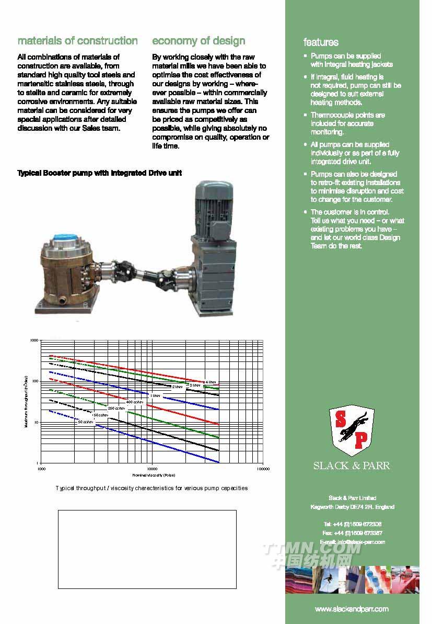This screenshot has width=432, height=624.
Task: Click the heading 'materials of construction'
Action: point(78,41)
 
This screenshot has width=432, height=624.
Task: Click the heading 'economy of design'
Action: point(199,41)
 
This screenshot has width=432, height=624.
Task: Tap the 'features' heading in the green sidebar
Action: point(321,42)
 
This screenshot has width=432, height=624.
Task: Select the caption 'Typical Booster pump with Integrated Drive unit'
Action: point(100,173)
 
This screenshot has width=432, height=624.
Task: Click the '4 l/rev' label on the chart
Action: point(210,382)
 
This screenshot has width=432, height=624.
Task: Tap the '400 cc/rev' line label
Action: point(134,402)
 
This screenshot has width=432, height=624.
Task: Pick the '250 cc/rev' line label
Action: point(116,408)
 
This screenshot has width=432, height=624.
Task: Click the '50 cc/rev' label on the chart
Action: point(85,421)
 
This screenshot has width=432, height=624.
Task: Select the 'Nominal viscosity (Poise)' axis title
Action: point(154,475)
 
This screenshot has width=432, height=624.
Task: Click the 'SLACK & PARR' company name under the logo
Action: point(352,466)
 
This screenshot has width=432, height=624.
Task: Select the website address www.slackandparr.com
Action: point(352,609)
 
